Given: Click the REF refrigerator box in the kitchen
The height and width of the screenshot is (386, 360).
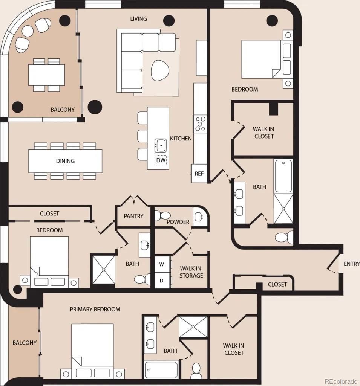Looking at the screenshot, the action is tap(199, 174).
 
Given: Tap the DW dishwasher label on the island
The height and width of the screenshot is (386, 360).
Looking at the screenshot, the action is tap(161, 160).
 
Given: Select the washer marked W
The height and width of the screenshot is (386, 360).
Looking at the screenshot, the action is tap(162, 264).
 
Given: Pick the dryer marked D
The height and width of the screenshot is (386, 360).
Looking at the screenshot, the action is tap(162, 280).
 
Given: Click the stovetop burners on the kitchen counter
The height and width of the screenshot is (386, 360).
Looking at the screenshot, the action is tap(200, 124).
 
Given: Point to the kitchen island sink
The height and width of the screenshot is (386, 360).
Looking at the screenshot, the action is tap(161, 145).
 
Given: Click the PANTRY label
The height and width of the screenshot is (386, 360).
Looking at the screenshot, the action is tap(133, 216).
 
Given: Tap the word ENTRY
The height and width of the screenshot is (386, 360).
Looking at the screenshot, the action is tap(352, 264).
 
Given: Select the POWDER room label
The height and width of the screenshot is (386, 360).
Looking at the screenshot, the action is tap(178, 222).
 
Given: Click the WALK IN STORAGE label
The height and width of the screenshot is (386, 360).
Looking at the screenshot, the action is tap(191, 272).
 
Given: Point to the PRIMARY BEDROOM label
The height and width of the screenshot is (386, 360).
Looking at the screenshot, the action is tap(95, 309).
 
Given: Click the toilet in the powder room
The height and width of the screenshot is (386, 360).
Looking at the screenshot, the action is tap(162, 216).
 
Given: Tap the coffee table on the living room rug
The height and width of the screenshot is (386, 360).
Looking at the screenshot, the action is tap(160, 70).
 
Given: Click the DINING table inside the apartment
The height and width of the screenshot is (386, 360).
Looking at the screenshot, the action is tap(65, 161).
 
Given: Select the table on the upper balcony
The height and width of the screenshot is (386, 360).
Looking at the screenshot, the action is tap(47, 75).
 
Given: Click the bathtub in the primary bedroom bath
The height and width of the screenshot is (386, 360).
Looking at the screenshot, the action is tap(161, 369).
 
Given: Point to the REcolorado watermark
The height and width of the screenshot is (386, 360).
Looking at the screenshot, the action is tap(341, 381).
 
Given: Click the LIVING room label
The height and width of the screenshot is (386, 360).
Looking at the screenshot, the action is tap(138, 19).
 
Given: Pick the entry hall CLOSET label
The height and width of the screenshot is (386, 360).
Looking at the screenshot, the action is tap(277, 284).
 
